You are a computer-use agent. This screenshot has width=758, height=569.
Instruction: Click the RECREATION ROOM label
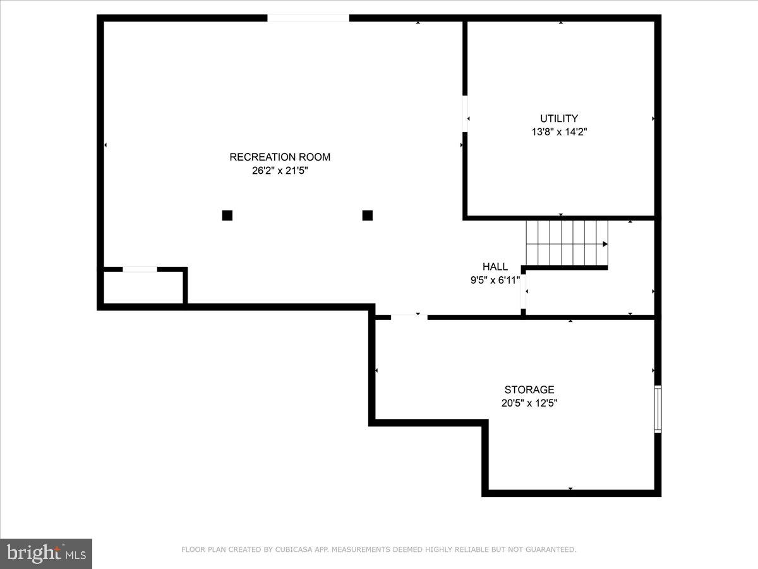pyautogui.click(x=280, y=157)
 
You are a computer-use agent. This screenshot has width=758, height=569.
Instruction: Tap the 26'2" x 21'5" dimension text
pyautogui.click(x=280, y=170)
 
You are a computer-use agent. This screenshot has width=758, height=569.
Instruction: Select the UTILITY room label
pyautogui.click(x=559, y=118)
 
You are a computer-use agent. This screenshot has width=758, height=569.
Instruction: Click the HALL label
pyautogui.click(x=495, y=267)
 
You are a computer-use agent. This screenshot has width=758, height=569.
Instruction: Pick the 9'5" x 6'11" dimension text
pyautogui.click(x=495, y=280)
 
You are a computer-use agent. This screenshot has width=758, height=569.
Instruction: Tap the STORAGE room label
pyautogui.click(x=529, y=389)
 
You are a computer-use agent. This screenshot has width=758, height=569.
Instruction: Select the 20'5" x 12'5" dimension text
pyautogui.click(x=529, y=403)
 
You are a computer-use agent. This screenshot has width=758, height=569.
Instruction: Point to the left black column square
pyautogui.click(x=227, y=215)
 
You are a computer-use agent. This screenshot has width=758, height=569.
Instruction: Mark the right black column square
pyautogui.click(x=368, y=215)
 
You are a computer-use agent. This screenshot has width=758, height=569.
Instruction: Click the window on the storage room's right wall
pyautogui.click(x=658, y=409)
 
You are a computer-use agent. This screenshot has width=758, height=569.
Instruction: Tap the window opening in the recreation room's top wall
pyautogui.click(x=308, y=18)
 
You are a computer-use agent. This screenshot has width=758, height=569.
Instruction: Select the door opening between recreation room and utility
pyautogui.click(x=465, y=114)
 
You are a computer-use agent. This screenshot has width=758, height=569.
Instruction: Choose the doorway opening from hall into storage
pyautogui.click(x=409, y=316)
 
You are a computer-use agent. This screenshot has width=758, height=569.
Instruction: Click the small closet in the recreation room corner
pyautogui.click(x=143, y=288)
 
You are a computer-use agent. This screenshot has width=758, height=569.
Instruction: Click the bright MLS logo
pyautogui.click(x=46, y=554)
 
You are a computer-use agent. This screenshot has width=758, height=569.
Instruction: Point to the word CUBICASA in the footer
pyautogui.click(x=291, y=550)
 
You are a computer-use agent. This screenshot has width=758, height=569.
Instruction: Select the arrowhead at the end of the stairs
pyautogui.click(x=605, y=244)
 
